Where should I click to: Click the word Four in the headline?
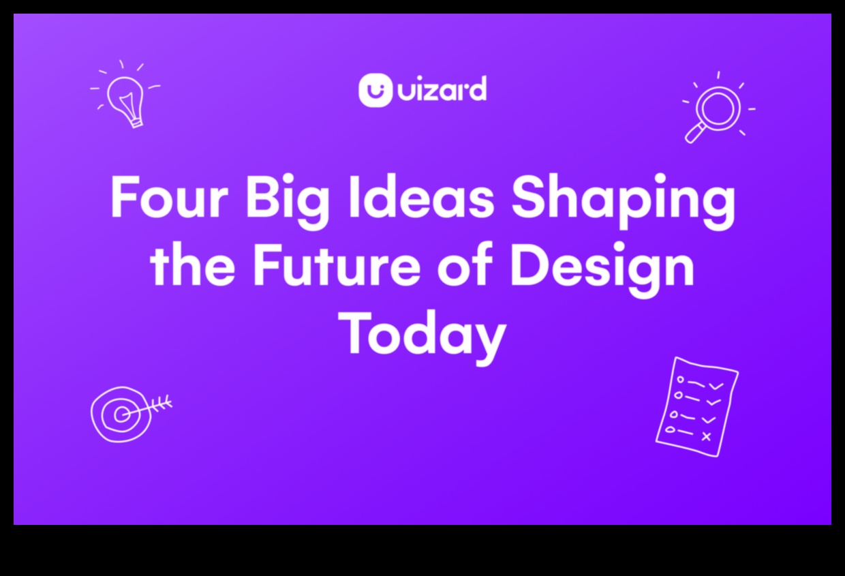[170, 196]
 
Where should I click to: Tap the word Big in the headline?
[288, 201]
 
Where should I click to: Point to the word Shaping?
[623, 201]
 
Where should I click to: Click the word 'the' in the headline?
[193, 264]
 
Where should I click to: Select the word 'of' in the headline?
[465, 264]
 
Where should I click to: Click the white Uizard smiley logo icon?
[375, 90]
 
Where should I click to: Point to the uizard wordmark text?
[442, 89]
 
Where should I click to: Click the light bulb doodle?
[125, 95]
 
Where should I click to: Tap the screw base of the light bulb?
[136, 123]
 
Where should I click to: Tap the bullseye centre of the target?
[121, 415]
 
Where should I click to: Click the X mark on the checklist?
[706, 437]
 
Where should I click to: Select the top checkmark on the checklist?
[716, 386]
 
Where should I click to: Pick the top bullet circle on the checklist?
[681, 380]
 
